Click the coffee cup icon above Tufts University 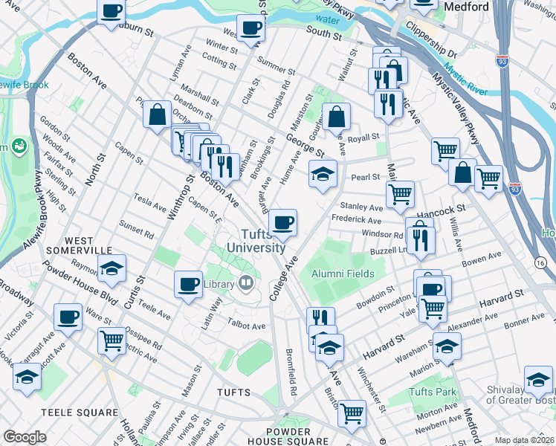click(x=282, y=222)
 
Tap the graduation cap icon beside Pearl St click(x=322, y=175)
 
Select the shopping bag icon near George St click(x=336, y=116)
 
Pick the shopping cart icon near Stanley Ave click(x=400, y=195)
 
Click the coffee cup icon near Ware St click(x=68, y=317)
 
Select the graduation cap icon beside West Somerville click(x=111, y=268)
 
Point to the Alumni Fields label click(x=337, y=274)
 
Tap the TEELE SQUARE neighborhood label click(x=79, y=412)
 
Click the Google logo click(x=25, y=436)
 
